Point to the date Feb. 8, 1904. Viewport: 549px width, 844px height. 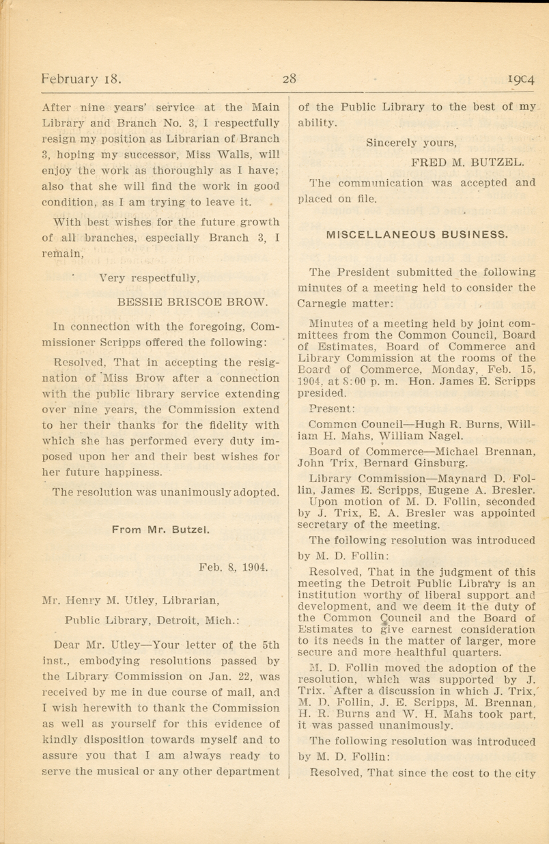click(234, 567)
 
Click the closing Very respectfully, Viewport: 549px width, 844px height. click(150, 278)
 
